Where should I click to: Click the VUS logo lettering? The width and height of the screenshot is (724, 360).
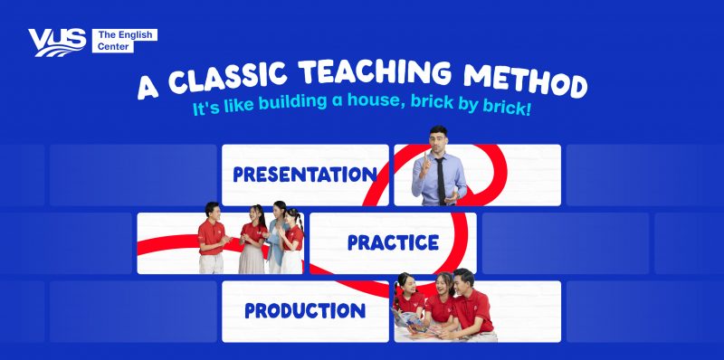point(56,42)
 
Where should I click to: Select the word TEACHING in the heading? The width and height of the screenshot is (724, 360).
point(380,80)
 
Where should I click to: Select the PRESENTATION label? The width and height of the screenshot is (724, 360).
point(304,174)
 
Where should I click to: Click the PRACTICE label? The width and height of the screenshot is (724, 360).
point(393,242)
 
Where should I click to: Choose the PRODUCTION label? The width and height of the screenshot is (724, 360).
point(305,311)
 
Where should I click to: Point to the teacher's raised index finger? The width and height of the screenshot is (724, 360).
point(419,147)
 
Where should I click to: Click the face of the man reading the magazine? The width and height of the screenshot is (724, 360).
point(463,284)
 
